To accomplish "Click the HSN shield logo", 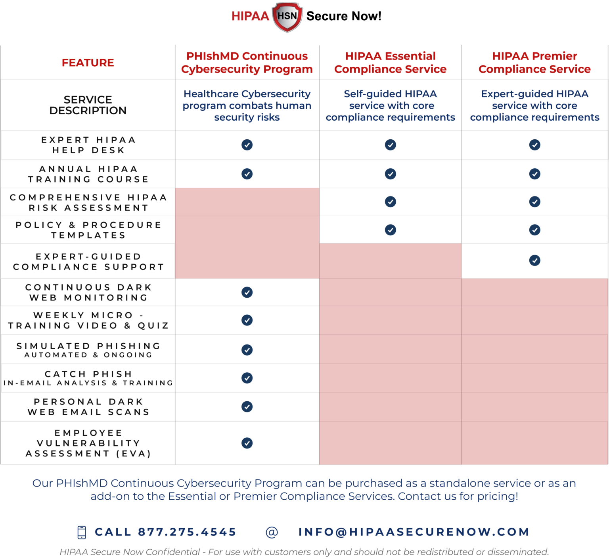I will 287,17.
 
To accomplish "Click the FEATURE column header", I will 88,63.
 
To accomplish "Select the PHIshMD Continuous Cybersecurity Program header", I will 247,63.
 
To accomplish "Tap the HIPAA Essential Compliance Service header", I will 390,63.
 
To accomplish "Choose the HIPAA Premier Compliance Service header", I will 534,63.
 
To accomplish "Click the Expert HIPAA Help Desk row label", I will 88,145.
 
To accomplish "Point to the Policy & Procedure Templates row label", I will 88,230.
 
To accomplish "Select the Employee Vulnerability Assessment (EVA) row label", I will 88,443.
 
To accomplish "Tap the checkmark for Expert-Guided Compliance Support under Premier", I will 534,260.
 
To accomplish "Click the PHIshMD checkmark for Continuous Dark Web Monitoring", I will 247,293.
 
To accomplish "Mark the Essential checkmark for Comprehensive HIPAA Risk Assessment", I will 391,202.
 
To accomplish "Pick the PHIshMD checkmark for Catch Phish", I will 247,378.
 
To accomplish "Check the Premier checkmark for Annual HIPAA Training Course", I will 534,174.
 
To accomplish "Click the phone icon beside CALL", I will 82,532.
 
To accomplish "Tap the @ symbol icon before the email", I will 272,532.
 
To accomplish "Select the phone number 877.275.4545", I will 187,532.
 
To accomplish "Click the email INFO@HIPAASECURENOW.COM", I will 414,532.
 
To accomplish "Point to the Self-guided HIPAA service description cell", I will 390,106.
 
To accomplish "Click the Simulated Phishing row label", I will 88,350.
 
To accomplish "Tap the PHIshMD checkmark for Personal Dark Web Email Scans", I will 247,407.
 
